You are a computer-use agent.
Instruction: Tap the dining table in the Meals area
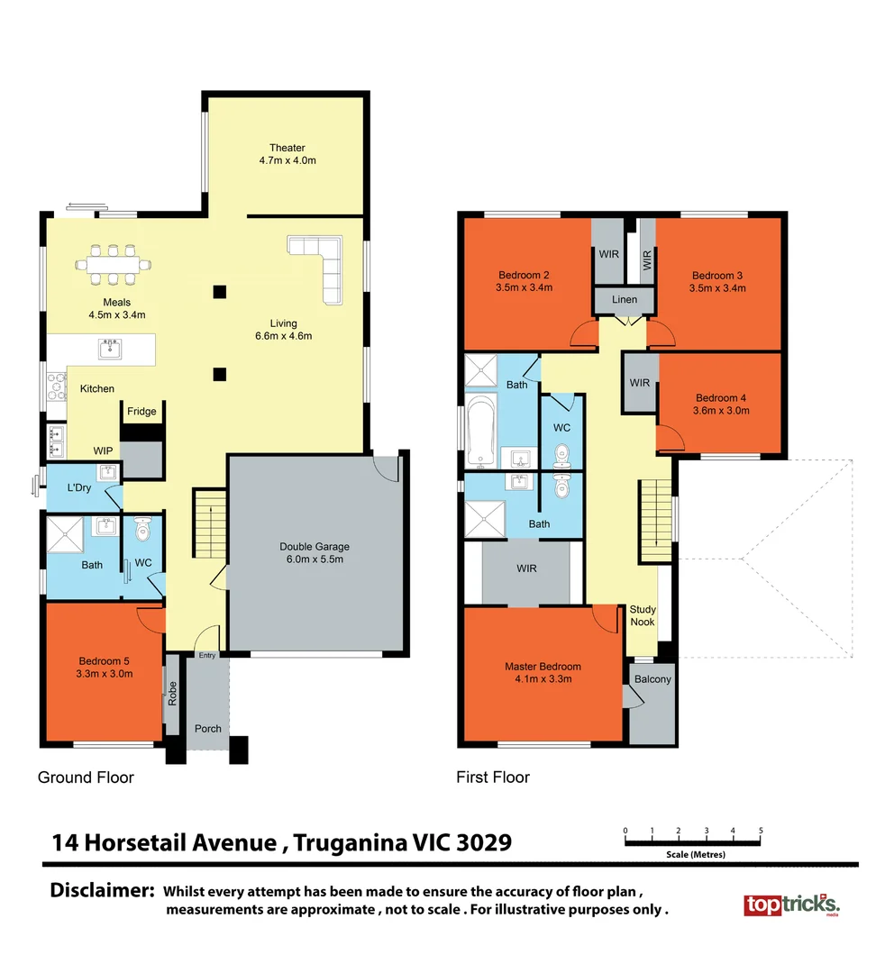(x=113, y=265)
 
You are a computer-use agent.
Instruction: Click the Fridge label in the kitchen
(x=141, y=411)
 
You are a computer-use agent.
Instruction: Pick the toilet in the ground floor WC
(x=142, y=529)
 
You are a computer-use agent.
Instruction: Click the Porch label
(x=208, y=729)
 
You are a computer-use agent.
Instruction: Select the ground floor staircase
(x=210, y=523)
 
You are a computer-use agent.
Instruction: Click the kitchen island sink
(x=110, y=349)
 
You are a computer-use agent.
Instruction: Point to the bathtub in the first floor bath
(x=480, y=432)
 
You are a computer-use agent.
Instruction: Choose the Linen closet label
(x=625, y=299)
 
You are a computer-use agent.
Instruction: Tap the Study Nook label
(x=643, y=615)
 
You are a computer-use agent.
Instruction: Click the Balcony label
(x=652, y=679)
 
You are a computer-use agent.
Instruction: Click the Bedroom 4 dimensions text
(x=721, y=410)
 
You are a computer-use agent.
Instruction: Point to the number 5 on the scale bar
(x=761, y=831)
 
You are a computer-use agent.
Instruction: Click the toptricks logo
(x=791, y=905)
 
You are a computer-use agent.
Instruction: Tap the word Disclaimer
(x=102, y=890)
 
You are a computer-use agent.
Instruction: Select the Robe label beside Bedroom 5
(x=173, y=693)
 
